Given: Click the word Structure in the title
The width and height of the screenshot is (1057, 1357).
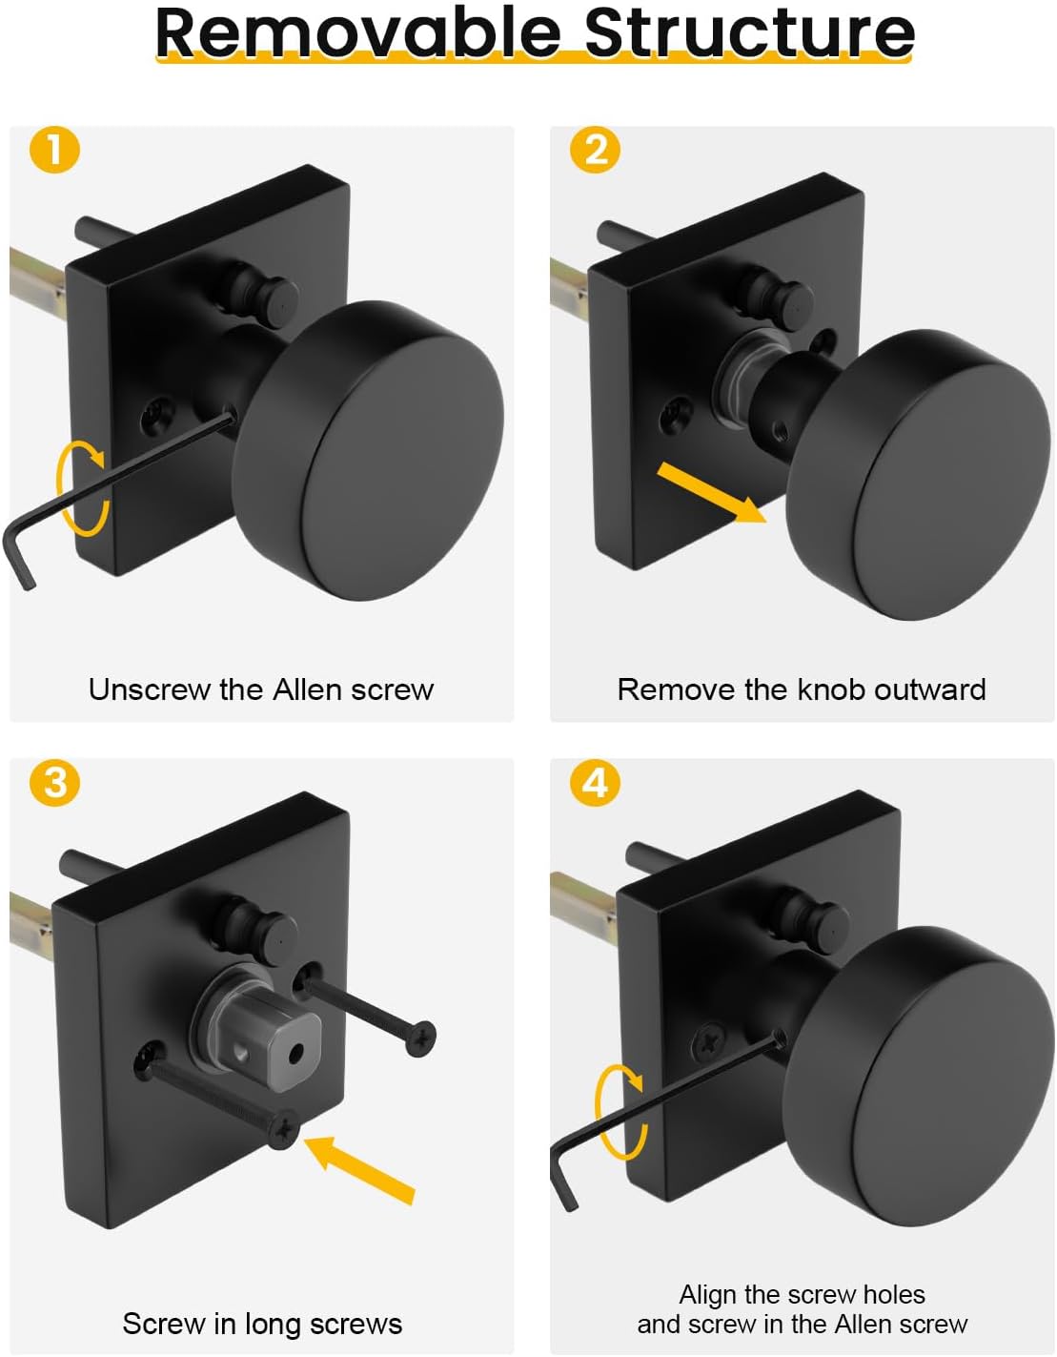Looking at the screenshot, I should tap(749, 32).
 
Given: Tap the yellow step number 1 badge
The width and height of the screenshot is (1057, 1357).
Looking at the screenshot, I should tap(54, 150).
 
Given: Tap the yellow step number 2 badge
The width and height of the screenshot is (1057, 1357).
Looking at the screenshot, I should tap(595, 150).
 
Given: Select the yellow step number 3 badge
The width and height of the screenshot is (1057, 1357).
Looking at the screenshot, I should tap(54, 782).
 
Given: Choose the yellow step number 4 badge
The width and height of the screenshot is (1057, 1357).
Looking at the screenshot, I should tap(595, 782).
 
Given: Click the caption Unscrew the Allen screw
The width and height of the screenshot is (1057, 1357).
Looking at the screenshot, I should tap(261, 689).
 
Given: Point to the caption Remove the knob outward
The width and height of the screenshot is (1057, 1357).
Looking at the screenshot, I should tap(802, 689).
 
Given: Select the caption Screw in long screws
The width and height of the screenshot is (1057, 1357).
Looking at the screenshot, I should tap(262, 1324).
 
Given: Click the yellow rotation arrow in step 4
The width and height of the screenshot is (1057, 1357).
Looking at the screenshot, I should tap(620, 1111).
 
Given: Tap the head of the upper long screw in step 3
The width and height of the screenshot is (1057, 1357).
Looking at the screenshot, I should tap(420, 1038).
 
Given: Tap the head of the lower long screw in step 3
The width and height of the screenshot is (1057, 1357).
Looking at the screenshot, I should tap(284, 1130).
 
